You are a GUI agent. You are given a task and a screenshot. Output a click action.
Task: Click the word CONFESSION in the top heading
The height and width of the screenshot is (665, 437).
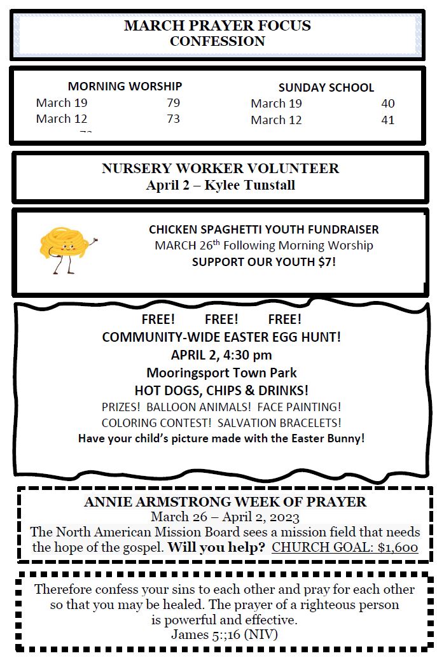click(x=218, y=41)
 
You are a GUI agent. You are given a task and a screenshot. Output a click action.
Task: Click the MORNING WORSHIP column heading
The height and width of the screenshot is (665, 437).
click(x=125, y=86)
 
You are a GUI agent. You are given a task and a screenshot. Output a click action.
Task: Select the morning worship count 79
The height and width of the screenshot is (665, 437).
click(x=173, y=102)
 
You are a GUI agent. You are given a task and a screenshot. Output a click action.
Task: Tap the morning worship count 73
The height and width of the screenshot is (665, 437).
click(x=173, y=118)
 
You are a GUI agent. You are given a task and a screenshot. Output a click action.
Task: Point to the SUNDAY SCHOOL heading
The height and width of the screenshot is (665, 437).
click(x=326, y=88)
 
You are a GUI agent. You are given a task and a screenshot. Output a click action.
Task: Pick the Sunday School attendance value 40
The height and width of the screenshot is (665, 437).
click(x=387, y=104)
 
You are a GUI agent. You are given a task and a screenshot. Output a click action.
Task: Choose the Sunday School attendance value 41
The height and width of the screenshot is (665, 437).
click(x=387, y=120)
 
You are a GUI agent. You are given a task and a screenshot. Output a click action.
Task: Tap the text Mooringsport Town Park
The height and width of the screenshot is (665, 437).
click(x=221, y=372)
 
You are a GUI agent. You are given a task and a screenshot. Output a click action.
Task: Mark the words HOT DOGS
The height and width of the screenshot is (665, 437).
click(x=162, y=390)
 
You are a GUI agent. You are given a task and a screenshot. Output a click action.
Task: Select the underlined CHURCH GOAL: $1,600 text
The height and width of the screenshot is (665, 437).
click(x=345, y=548)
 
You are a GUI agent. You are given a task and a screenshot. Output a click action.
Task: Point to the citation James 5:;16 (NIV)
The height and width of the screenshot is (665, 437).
click(x=224, y=634)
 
